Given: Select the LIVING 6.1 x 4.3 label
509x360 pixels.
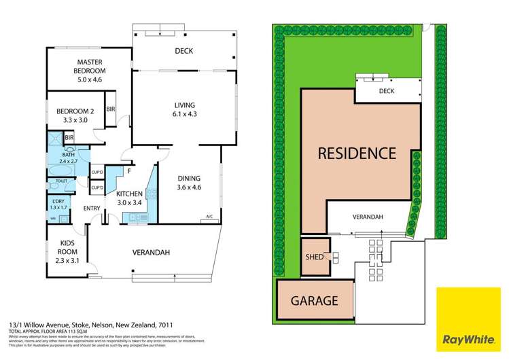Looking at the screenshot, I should click(x=184, y=109).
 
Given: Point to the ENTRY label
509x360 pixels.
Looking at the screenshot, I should click(x=92, y=208).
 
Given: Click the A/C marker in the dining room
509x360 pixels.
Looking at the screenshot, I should click(x=209, y=217).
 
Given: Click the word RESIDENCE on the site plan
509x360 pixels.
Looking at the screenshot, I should click(x=357, y=153).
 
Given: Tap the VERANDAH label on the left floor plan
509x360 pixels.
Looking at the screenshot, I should click(x=150, y=253).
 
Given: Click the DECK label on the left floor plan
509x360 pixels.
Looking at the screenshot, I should click(x=184, y=50).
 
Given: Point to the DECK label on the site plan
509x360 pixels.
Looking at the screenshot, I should click(x=386, y=90).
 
